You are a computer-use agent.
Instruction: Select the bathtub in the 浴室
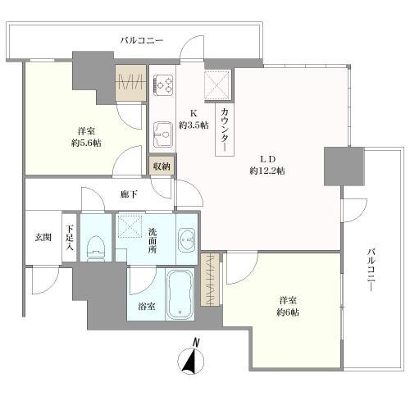click(x=180, y=294)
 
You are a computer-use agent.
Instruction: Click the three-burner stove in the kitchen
click(x=163, y=84)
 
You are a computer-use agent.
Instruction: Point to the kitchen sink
click(x=162, y=134)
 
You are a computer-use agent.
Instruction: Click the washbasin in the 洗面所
click(x=187, y=240)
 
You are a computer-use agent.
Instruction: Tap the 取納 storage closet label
click(x=162, y=166)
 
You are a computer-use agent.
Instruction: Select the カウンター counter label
click(x=225, y=129)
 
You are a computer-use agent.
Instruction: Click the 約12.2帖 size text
click(x=267, y=171)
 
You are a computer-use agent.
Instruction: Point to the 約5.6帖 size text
click(x=86, y=143)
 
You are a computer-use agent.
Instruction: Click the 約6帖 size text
click(x=288, y=312)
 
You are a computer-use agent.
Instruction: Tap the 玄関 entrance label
click(x=43, y=238)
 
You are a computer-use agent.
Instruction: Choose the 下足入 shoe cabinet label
click(x=71, y=237)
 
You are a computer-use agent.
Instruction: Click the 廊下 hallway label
click(x=129, y=194)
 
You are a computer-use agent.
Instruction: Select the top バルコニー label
click(x=142, y=41)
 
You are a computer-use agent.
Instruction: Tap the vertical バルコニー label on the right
click(x=371, y=269)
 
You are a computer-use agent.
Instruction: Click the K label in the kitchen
click(x=194, y=113)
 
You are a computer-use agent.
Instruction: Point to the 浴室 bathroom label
click(x=147, y=307)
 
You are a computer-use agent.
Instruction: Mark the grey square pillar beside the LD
click(x=344, y=166)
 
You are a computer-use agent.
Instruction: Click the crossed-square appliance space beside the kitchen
click(x=218, y=84)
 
